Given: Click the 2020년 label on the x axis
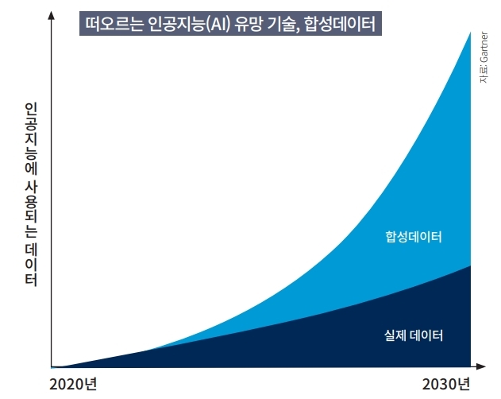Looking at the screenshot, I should [73, 385].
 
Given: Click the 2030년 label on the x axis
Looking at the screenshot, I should [447, 385].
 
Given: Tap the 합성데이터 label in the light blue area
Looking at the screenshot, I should [413, 238].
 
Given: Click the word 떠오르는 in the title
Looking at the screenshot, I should [114, 23].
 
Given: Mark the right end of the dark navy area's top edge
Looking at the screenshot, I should [470, 265].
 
